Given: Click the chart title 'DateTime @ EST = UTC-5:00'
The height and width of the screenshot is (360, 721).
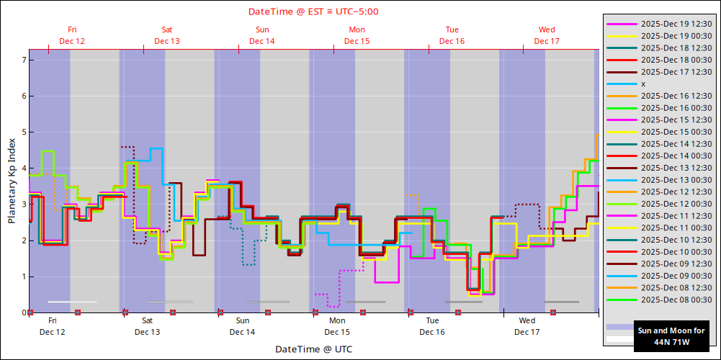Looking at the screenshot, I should tap(313, 12).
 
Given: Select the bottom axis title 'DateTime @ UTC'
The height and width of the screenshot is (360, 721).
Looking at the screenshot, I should tap(313, 349).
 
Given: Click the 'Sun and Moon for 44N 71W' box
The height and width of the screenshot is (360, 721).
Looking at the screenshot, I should tap(671, 336).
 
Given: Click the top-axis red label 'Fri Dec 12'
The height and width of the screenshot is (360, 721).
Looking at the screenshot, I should tap(72, 35).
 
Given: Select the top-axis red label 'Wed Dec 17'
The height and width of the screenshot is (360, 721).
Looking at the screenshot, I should tap(547, 35).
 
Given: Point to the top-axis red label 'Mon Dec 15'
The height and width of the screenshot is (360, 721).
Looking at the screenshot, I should tap(357, 35).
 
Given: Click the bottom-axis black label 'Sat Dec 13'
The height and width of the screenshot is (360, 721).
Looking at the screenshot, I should tap(147, 326).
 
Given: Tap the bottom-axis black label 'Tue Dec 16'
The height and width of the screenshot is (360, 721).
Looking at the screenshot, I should tap(432, 326).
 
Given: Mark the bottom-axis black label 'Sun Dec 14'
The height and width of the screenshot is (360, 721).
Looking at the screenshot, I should tap(242, 326).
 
